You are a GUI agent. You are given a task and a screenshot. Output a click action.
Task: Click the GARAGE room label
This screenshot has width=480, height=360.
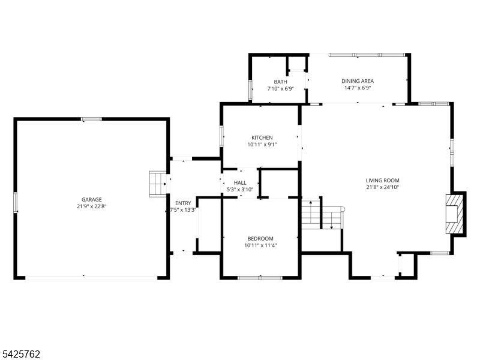pyautogui.click(x=92, y=200)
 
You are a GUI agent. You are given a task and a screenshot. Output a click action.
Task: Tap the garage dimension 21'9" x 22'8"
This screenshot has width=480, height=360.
pyautogui.click(x=92, y=206)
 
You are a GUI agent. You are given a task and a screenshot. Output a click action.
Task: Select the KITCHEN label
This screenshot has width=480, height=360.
pyautogui.click(x=262, y=138)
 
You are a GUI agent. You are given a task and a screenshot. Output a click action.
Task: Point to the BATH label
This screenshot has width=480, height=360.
pyautogui.click(x=280, y=82)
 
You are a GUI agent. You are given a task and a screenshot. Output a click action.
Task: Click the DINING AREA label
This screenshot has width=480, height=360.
pyautogui.click(x=358, y=81)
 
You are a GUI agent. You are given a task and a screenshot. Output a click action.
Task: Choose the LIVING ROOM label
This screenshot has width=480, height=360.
pyautogui.click(x=382, y=181)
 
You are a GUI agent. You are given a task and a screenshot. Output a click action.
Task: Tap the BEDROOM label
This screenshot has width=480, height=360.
pyautogui.click(x=260, y=238)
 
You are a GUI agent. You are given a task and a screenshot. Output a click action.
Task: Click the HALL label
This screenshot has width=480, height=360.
pyautogui.click(x=240, y=183)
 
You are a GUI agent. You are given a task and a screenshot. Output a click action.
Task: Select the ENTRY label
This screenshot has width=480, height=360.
pyautogui.click(x=183, y=203)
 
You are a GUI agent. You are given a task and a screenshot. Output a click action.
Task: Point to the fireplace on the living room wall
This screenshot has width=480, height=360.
pyautogui.click(x=454, y=214)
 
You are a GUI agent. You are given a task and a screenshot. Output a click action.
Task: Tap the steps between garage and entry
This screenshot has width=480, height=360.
pyautogui.click(x=158, y=184)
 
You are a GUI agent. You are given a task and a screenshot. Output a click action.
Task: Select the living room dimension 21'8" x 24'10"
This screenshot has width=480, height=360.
pyautogui.click(x=382, y=187)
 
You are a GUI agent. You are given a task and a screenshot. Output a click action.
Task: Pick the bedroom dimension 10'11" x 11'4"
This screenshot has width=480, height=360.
pyautogui.click(x=260, y=245)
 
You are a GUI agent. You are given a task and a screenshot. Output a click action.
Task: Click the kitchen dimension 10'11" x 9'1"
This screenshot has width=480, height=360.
pyautogui.click(x=262, y=145)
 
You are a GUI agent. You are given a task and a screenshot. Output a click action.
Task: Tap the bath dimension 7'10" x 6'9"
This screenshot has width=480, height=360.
pyautogui.click(x=280, y=88)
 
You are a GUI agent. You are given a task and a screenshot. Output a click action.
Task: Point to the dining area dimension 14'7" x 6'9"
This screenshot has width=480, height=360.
pyautogui.click(x=358, y=88)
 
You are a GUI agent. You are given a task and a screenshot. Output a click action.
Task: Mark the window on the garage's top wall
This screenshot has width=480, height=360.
pyautogui.click(x=92, y=119)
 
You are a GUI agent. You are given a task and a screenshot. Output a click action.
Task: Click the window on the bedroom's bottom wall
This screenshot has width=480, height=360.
pyautogui.click(x=260, y=278)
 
